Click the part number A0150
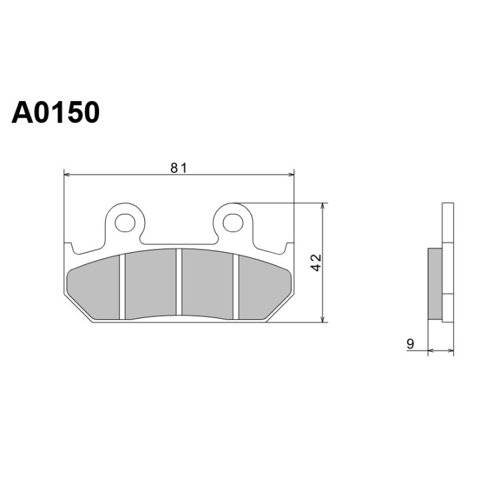pyautogui.click(x=55, y=112)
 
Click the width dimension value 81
pyautogui.click(x=178, y=168)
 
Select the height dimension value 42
pyautogui.click(x=316, y=262)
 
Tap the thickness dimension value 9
pyautogui.click(x=410, y=344)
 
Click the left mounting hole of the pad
pyautogui.click(x=125, y=223)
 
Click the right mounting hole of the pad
pyautogui.click(x=233, y=223)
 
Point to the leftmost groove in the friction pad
pyautogui.click(x=122, y=287)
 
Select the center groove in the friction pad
pyautogui.click(x=179, y=282)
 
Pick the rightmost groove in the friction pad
pyautogui.click(x=236, y=287)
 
